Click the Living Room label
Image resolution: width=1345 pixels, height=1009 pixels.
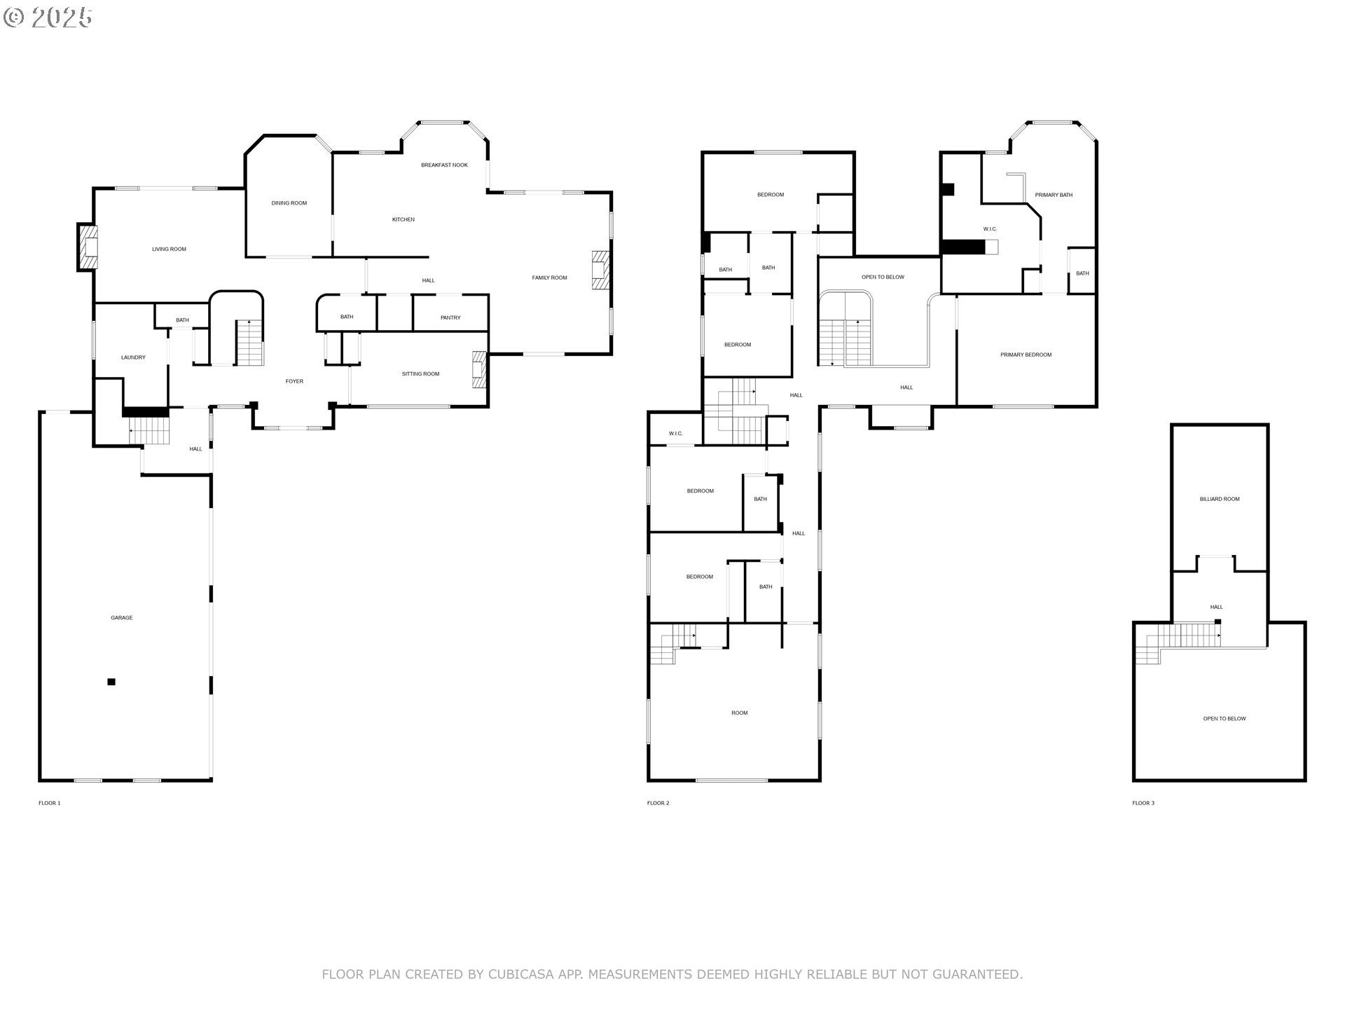[x=169, y=249]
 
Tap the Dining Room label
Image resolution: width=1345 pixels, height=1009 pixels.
[x=289, y=203]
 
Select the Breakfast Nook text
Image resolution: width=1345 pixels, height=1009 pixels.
[x=444, y=165]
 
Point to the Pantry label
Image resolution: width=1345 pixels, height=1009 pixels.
[x=450, y=318]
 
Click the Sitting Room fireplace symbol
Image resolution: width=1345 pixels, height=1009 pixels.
[x=478, y=369]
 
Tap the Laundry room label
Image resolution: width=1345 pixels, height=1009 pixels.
[x=133, y=357]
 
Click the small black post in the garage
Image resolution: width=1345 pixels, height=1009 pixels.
[x=111, y=682]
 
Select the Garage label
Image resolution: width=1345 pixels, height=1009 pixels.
[x=121, y=618]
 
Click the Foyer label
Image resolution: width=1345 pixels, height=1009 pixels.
[x=294, y=382]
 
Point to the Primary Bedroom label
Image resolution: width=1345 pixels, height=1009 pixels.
[x=1026, y=355]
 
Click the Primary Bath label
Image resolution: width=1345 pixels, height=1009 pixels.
[x=1054, y=195]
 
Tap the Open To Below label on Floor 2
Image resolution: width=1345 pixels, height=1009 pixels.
[x=883, y=277]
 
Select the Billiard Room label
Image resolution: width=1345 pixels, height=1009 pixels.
[x=1220, y=500]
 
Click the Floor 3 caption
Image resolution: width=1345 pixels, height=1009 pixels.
[x=1143, y=803]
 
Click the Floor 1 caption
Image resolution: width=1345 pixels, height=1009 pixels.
[x=49, y=803]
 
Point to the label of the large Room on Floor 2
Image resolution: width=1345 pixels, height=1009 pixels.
[x=739, y=713]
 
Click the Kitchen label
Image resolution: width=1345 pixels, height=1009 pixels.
[x=403, y=220]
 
